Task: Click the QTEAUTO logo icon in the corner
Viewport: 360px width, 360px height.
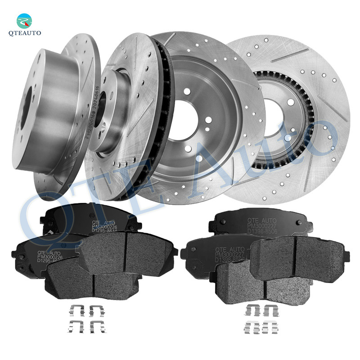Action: pos(24,20)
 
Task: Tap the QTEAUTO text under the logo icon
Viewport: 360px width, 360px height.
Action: pos(25,33)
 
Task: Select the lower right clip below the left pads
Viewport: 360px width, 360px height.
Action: pos(97,328)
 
